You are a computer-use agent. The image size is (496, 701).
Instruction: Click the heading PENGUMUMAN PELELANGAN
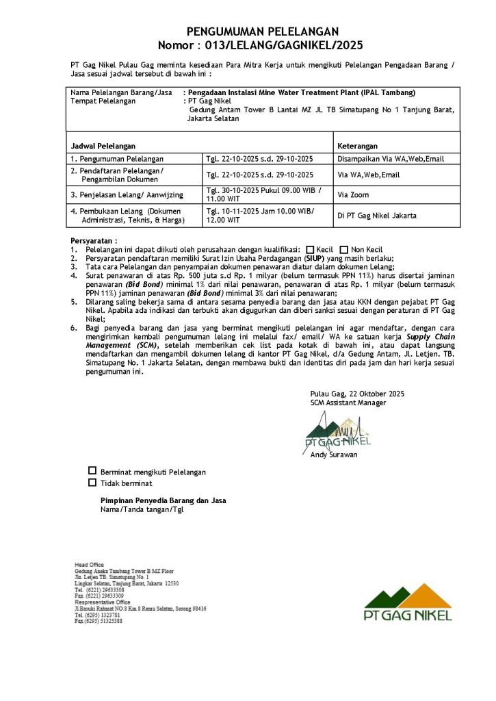263,32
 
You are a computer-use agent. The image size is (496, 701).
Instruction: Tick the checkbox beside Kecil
311,249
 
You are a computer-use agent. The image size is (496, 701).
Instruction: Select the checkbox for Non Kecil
344,249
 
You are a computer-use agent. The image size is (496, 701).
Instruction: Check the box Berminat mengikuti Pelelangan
92,471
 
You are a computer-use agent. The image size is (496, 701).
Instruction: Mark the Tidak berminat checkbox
92,483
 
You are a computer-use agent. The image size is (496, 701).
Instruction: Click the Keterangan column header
357,146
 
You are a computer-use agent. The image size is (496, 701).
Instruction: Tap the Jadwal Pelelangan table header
103,146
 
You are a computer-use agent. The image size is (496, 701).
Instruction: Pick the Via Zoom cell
352,194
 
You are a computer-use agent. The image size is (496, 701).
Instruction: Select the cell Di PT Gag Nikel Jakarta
377,216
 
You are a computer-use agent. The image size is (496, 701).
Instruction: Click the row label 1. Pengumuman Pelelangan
112,159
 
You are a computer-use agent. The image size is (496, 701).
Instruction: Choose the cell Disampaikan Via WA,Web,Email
391,159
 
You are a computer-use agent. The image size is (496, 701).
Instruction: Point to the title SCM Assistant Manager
348,403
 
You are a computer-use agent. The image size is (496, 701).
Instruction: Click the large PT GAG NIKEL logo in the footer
408,602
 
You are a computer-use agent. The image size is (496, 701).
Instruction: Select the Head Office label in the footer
89,564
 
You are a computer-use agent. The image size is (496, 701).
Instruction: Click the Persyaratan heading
94,241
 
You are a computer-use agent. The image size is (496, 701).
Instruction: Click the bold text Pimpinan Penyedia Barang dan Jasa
163,500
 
